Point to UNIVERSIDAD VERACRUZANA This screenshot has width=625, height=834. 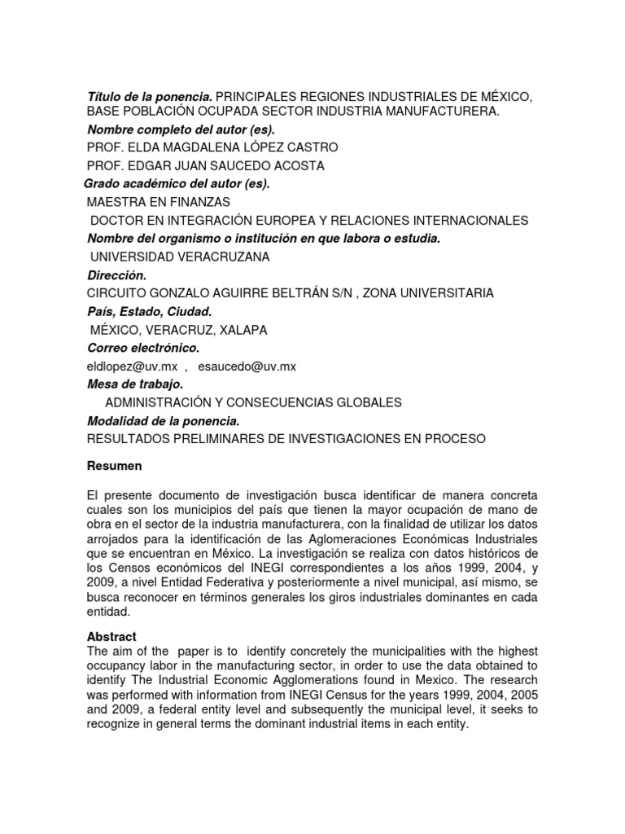[180, 257]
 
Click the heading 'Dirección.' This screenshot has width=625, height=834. [116, 275]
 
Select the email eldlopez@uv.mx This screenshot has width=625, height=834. [131, 367]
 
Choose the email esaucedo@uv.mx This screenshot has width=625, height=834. [254, 367]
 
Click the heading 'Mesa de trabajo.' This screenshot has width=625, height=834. [134, 384]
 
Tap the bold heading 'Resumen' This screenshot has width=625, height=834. [114, 466]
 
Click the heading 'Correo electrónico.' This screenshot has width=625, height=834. [142, 348]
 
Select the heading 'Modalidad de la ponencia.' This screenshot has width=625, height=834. [163, 420]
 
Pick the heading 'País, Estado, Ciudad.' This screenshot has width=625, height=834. [149, 312]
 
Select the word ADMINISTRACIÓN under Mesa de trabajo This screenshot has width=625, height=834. [162, 402]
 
